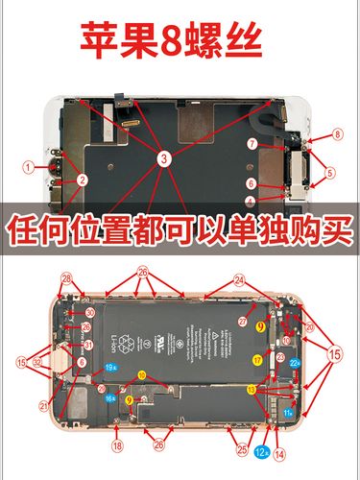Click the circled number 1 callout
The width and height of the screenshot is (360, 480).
[x=30, y=166]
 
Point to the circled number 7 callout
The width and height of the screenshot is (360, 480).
[x=252, y=145]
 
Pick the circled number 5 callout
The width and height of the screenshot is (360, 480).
[x=330, y=174]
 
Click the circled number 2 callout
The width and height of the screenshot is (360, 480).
[x=83, y=179]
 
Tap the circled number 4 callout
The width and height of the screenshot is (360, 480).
[x=251, y=202]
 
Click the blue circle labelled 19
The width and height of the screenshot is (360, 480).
[x=110, y=368]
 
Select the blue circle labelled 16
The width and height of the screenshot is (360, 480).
[x=110, y=397]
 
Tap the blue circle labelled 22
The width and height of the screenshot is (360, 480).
[x=296, y=364]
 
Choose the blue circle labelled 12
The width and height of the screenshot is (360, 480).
[x=261, y=449]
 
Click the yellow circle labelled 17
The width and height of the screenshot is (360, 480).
[x=257, y=359]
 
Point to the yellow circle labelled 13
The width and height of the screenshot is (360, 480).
[x=251, y=389]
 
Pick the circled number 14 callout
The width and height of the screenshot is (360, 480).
[x=279, y=454]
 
